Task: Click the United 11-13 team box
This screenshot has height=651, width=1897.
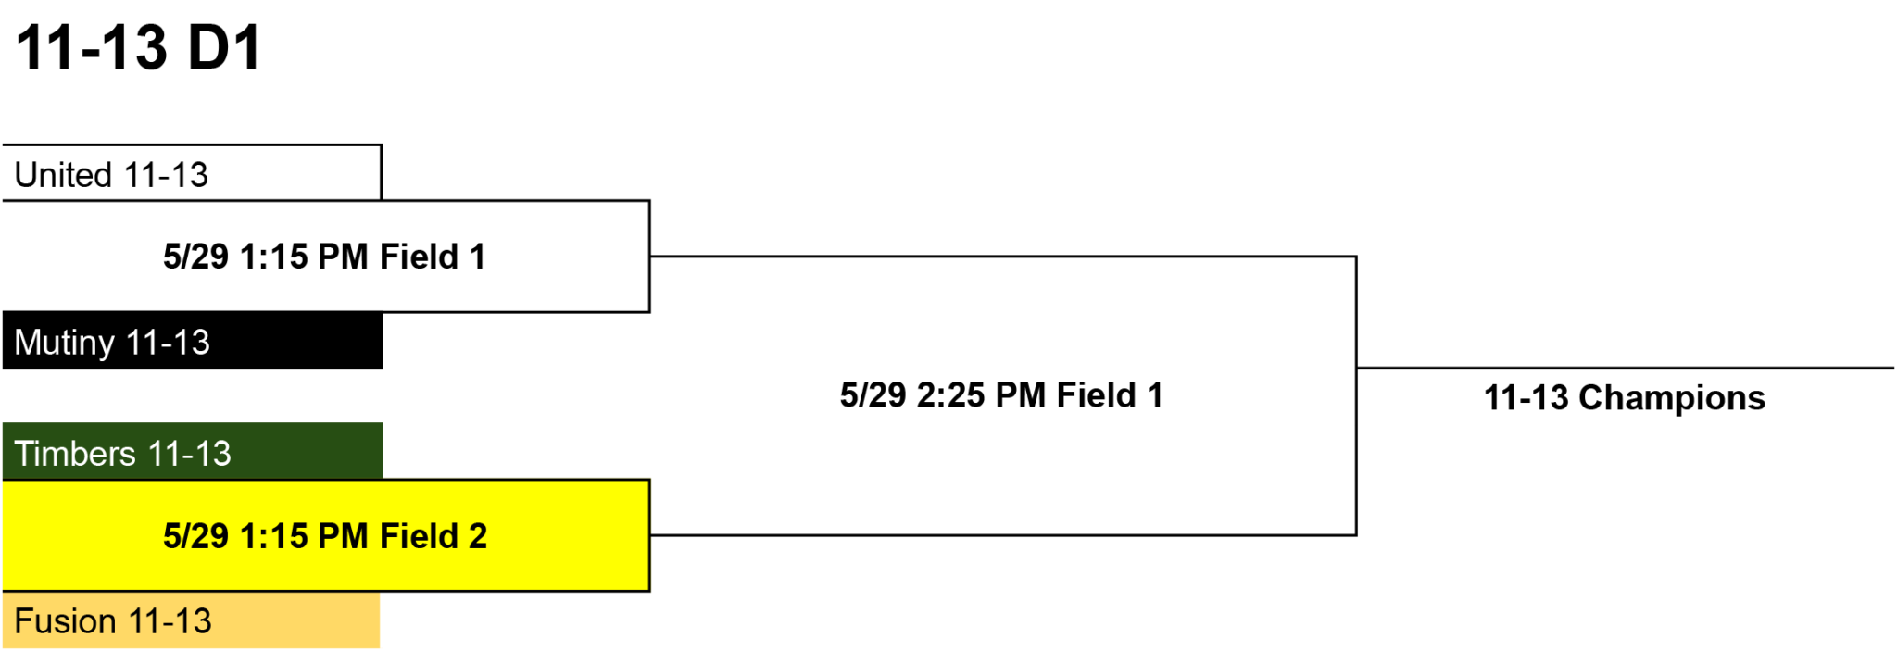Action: tap(192, 173)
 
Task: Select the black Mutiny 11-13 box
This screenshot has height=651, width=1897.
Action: tap(192, 341)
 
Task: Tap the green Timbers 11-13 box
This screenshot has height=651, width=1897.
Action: tap(192, 452)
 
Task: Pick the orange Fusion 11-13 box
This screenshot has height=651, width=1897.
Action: tap(192, 620)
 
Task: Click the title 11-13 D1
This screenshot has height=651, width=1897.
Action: tap(139, 47)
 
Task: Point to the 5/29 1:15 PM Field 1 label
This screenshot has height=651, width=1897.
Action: tap(324, 257)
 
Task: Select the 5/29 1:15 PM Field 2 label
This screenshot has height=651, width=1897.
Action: tap(325, 536)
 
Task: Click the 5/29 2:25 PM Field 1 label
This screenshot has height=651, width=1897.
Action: tap(1001, 395)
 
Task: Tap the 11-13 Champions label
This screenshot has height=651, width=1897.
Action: tap(1625, 398)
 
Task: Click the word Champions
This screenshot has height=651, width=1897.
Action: tap(1672, 398)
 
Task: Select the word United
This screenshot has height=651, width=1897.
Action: tap(63, 175)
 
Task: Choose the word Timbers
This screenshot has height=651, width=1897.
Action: tap(75, 454)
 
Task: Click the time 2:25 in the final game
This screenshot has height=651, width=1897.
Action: tap(951, 395)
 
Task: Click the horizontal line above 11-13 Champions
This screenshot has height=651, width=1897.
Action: tap(1626, 368)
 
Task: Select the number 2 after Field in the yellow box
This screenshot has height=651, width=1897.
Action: tap(478, 536)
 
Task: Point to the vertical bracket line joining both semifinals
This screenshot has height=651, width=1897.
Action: tap(1356, 395)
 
